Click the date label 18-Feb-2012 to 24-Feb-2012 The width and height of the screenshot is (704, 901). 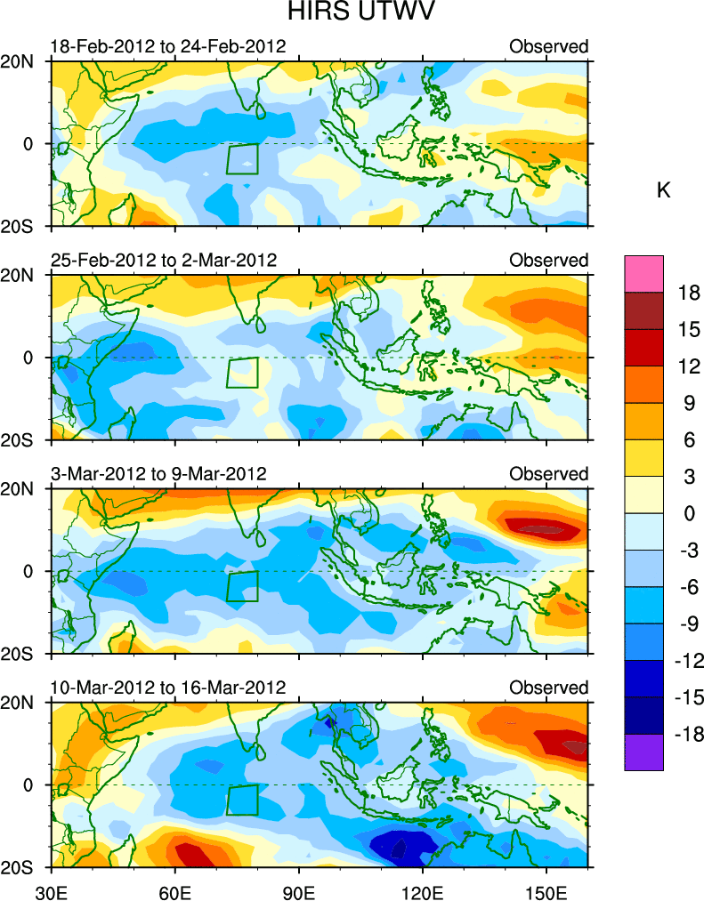[168, 46]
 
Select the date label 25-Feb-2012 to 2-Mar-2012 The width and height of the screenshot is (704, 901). [164, 260]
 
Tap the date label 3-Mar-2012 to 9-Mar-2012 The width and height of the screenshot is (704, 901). [158, 474]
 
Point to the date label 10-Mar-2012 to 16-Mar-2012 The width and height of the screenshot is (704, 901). [168, 688]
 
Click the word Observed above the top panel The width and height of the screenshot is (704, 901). [548, 46]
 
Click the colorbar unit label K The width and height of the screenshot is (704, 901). [663, 190]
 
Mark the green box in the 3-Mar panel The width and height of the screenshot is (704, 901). [241, 586]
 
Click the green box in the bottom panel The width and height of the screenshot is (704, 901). [241, 800]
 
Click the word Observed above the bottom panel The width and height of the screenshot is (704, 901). [548, 688]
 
